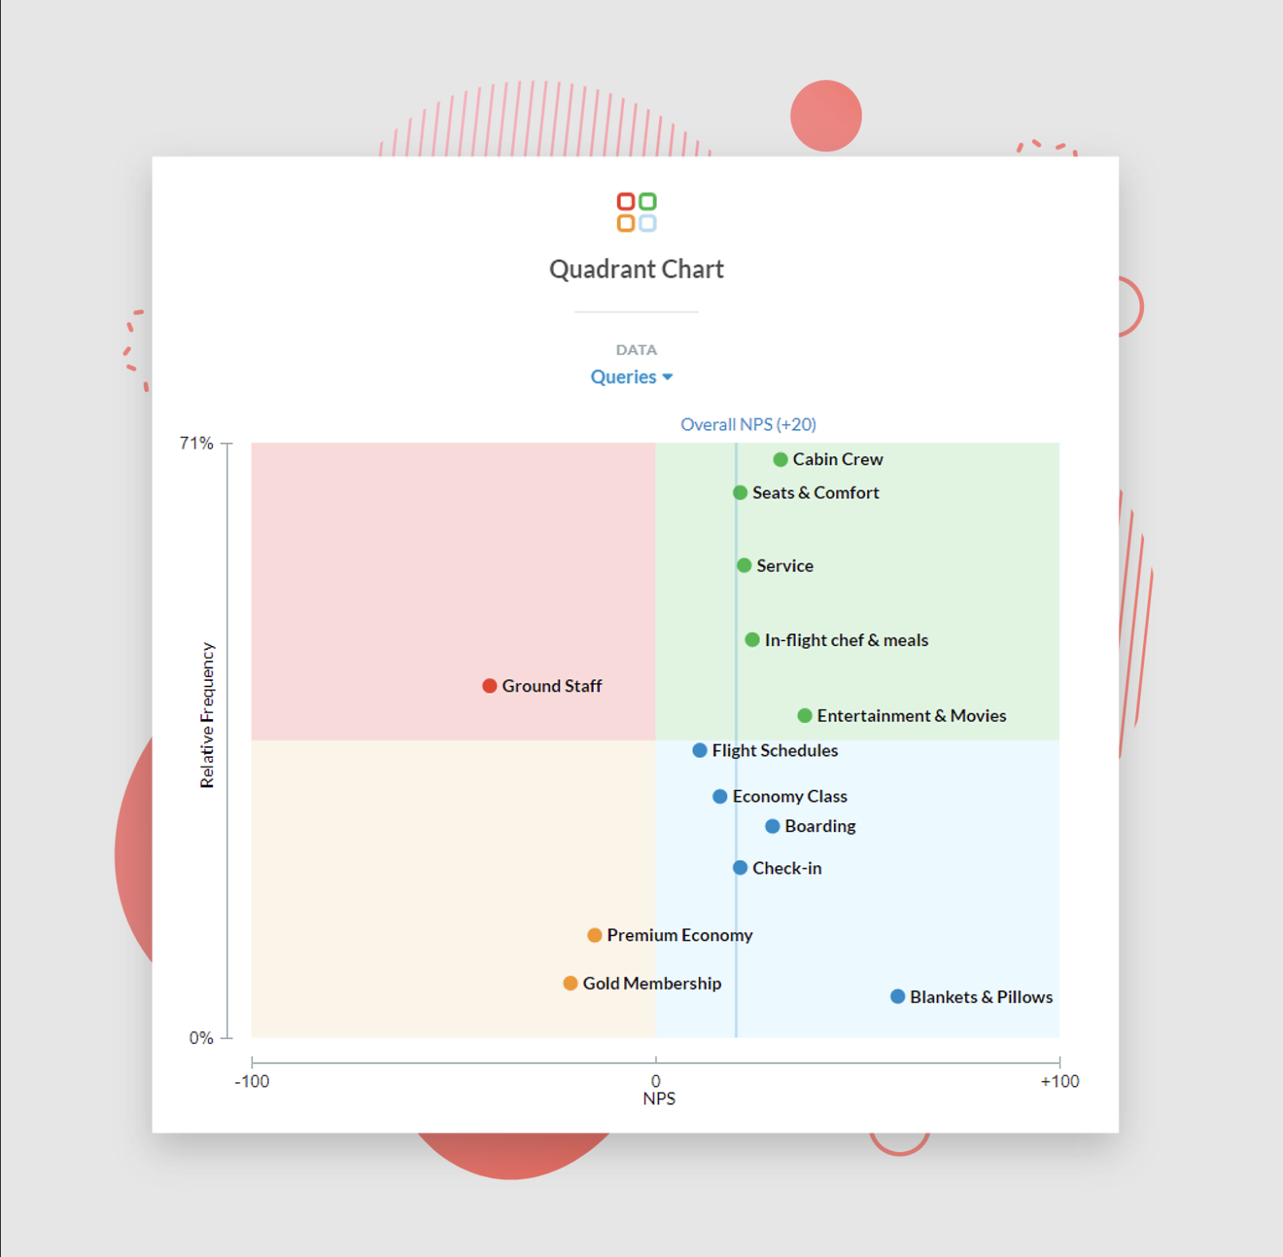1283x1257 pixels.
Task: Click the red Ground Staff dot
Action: pyautogui.click(x=490, y=686)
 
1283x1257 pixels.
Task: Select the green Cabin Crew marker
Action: pyautogui.click(x=781, y=459)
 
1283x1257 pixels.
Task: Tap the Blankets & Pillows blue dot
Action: pyautogui.click(x=897, y=996)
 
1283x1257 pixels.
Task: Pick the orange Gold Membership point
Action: pyautogui.click(x=570, y=984)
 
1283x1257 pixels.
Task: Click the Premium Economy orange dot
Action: pyautogui.click(x=595, y=935)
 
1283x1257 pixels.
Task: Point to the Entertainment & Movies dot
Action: pyautogui.click(x=804, y=716)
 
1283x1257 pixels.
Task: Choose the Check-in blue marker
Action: pyautogui.click(x=740, y=868)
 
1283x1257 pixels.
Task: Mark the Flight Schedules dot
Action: pyautogui.click(x=700, y=751)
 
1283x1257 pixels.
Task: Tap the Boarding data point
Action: pyautogui.click(x=772, y=826)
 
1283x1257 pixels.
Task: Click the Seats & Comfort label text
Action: pyautogui.click(x=816, y=493)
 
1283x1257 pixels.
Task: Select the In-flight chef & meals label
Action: pyautogui.click(x=846, y=640)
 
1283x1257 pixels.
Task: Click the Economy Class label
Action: pyautogui.click(x=789, y=796)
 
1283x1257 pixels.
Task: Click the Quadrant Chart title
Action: pyautogui.click(x=636, y=269)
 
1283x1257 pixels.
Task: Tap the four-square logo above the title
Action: pyautogui.click(x=637, y=212)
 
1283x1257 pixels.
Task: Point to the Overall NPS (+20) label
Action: pyautogui.click(x=748, y=424)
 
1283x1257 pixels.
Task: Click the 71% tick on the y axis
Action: pyautogui.click(x=196, y=443)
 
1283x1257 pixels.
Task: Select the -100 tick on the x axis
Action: pyautogui.click(x=252, y=1081)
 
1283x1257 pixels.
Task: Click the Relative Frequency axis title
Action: pyautogui.click(x=207, y=715)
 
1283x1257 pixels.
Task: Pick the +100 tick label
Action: pyautogui.click(x=1060, y=1081)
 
